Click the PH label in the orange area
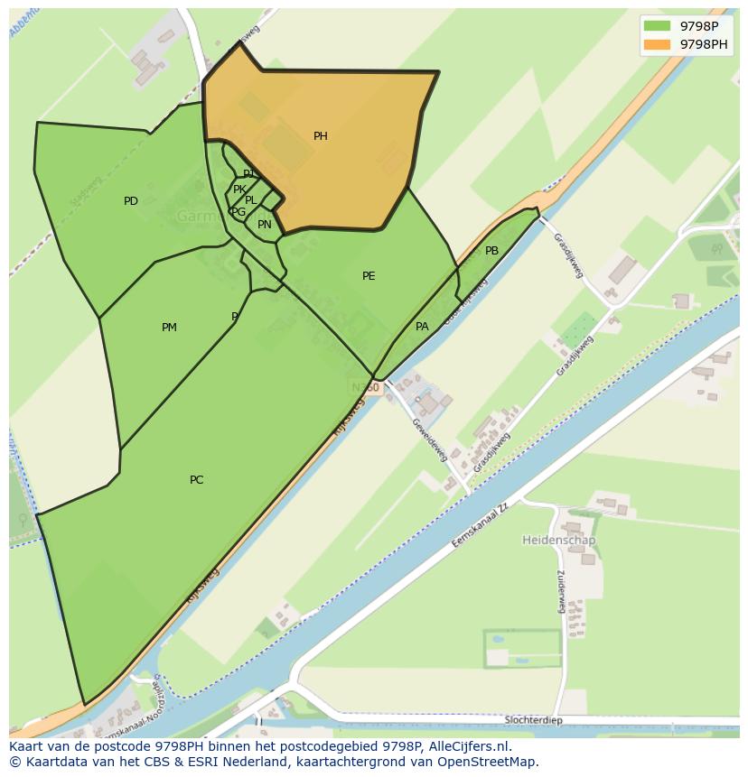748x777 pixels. [320, 136]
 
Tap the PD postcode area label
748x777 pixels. [131, 201]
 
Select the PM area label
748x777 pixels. [169, 328]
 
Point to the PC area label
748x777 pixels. [196, 480]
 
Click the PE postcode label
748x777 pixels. [369, 276]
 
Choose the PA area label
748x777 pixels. [422, 327]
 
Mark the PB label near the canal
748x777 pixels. [491, 251]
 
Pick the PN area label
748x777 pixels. [264, 225]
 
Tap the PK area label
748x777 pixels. [239, 190]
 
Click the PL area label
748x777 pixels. [251, 200]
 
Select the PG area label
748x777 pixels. [238, 212]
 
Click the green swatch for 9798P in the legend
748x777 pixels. [657, 26]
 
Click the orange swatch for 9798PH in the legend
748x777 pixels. [657, 44]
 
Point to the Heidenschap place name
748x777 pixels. [558, 540]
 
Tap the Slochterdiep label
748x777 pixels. [534, 719]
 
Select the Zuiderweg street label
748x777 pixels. [561, 592]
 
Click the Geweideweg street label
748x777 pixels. [429, 439]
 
